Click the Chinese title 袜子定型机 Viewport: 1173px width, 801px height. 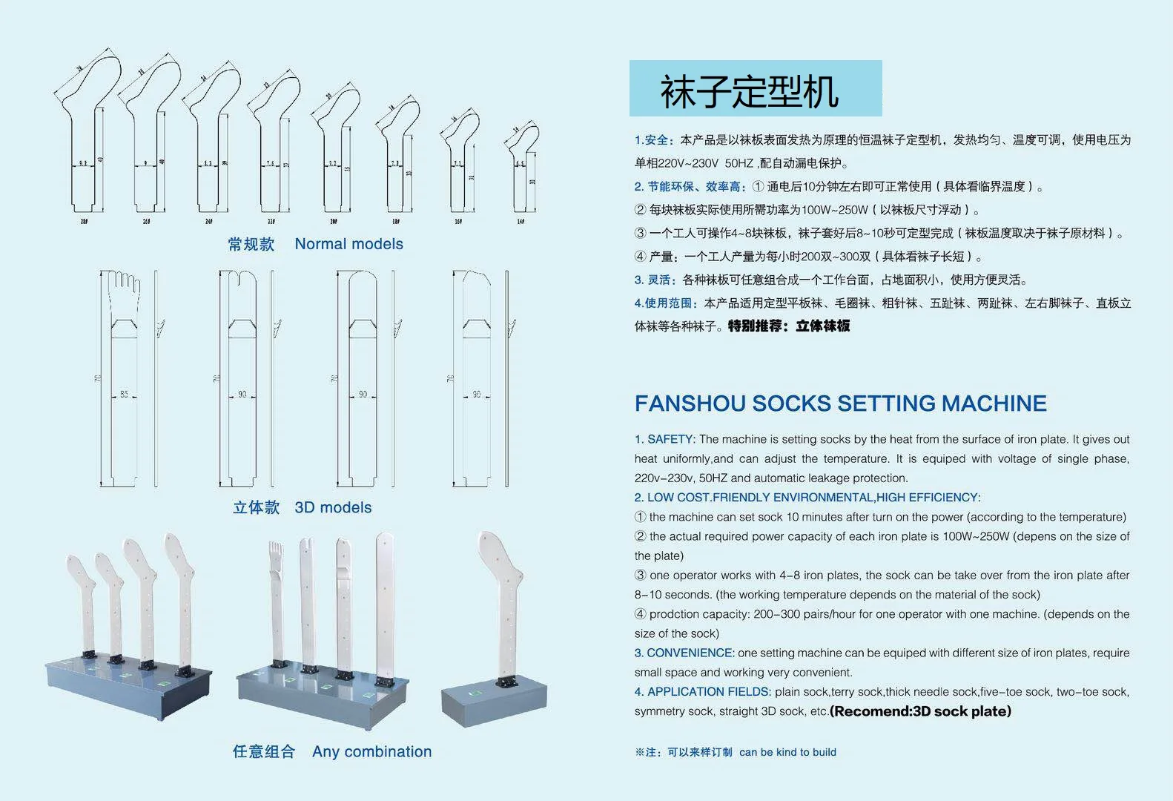[x=749, y=91]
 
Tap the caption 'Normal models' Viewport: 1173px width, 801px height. [x=348, y=244]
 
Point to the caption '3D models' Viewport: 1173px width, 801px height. [x=333, y=508]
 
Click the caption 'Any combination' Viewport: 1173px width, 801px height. [x=371, y=752]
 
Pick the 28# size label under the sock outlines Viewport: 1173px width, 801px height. [x=83, y=221]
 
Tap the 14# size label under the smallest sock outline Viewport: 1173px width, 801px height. [x=521, y=221]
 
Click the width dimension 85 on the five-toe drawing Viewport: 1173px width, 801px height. [x=124, y=395]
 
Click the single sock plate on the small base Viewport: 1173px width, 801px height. [x=502, y=601]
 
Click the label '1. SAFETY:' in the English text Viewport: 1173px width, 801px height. [x=664, y=440]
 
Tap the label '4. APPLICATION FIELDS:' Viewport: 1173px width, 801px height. [x=702, y=692]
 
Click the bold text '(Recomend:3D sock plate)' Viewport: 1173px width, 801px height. [x=920, y=712]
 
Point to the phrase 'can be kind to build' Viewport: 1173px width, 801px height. [x=787, y=752]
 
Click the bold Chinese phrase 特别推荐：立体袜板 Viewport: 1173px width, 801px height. [x=789, y=326]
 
